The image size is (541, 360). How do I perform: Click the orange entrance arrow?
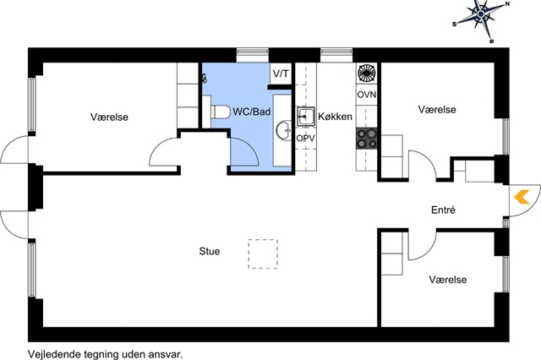[522, 197]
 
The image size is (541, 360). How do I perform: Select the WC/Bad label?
[252, 112]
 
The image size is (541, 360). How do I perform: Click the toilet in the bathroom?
[221, 112]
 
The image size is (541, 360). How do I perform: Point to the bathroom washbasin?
[284, 131]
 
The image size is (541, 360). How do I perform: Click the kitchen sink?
[306, 117]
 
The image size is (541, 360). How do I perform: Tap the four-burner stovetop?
[367, 139]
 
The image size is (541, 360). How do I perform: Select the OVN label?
[366, 95]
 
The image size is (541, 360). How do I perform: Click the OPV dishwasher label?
[306, 139]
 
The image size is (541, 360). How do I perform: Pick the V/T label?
[281, 74]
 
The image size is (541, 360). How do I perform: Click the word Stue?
[210, 251]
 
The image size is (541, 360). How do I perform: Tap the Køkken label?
[335, 117]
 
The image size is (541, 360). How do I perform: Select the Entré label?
[443, 210]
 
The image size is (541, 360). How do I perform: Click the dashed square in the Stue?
[263, 254]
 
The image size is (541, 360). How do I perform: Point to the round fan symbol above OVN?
[367, 74]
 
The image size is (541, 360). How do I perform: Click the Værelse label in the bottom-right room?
[448, 280]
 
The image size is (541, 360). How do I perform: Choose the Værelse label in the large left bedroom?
[109, 117]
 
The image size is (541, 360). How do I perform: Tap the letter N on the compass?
[507, 4]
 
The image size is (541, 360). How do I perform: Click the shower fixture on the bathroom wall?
[205, 79]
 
